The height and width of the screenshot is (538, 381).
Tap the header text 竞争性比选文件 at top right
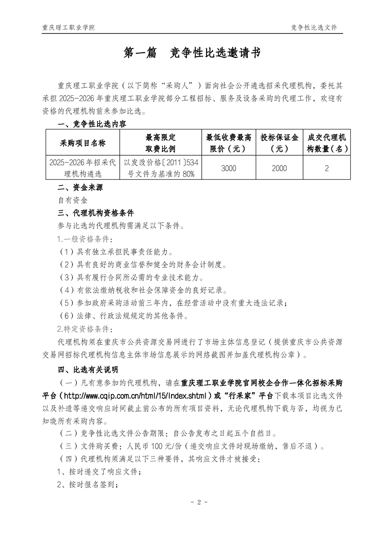pos(314,27)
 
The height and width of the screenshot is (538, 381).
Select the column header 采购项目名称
pos(83,143)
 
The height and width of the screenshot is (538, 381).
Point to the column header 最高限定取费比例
pos(160,143)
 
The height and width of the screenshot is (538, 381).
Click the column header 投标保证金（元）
pos(279,143)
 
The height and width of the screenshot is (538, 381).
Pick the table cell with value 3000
pos(229,168)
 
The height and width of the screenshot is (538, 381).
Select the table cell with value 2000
pos(279,168)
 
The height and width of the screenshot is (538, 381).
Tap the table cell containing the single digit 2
pos(327,168)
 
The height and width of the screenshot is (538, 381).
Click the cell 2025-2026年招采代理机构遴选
pos(83,168)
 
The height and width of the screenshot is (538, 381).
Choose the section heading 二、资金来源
pos(80,187)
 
